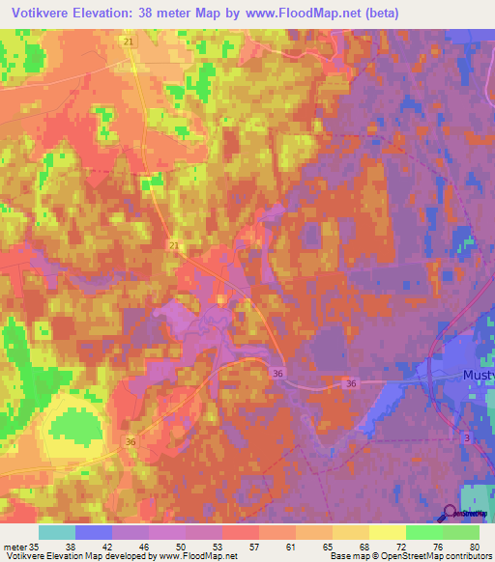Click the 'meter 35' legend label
point(21,546)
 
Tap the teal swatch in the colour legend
point(57,532)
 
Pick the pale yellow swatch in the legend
point(387,532)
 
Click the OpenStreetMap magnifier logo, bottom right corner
point(451,513)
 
